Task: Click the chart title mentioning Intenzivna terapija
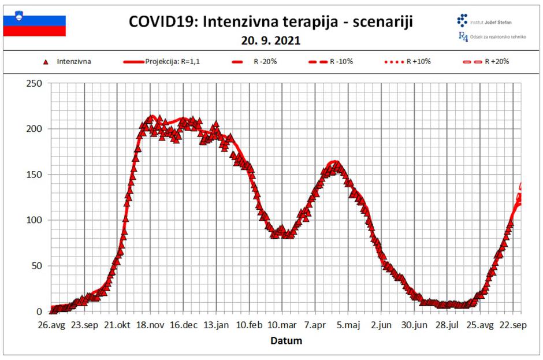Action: (271, 22)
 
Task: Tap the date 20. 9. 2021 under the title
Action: (271, 41)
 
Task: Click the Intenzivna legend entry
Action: (69, 61)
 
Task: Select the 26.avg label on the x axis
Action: (51, 325)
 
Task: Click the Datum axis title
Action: (286, 341)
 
